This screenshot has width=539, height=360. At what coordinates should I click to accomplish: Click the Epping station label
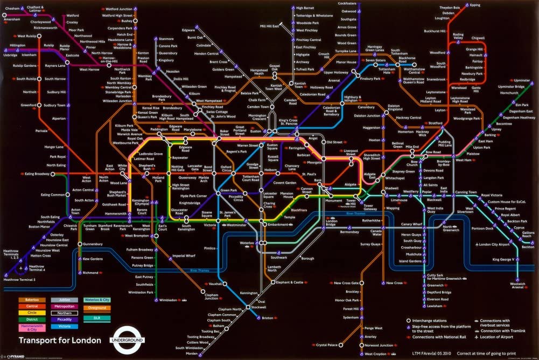474,5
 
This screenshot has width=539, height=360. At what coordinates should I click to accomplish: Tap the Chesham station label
11,7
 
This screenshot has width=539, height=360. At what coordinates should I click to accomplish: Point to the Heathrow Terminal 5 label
19,280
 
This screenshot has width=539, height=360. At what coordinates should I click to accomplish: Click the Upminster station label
522,80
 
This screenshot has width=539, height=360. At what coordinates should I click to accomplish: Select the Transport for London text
59,340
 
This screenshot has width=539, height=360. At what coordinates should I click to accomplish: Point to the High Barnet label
305,8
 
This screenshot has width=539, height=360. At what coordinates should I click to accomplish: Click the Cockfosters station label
347,4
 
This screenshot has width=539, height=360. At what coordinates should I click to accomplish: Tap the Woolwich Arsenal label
517,285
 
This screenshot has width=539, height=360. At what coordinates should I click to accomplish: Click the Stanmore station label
166,39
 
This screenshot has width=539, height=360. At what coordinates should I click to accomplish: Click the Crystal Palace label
327,345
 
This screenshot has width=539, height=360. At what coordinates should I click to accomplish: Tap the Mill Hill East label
269,26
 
